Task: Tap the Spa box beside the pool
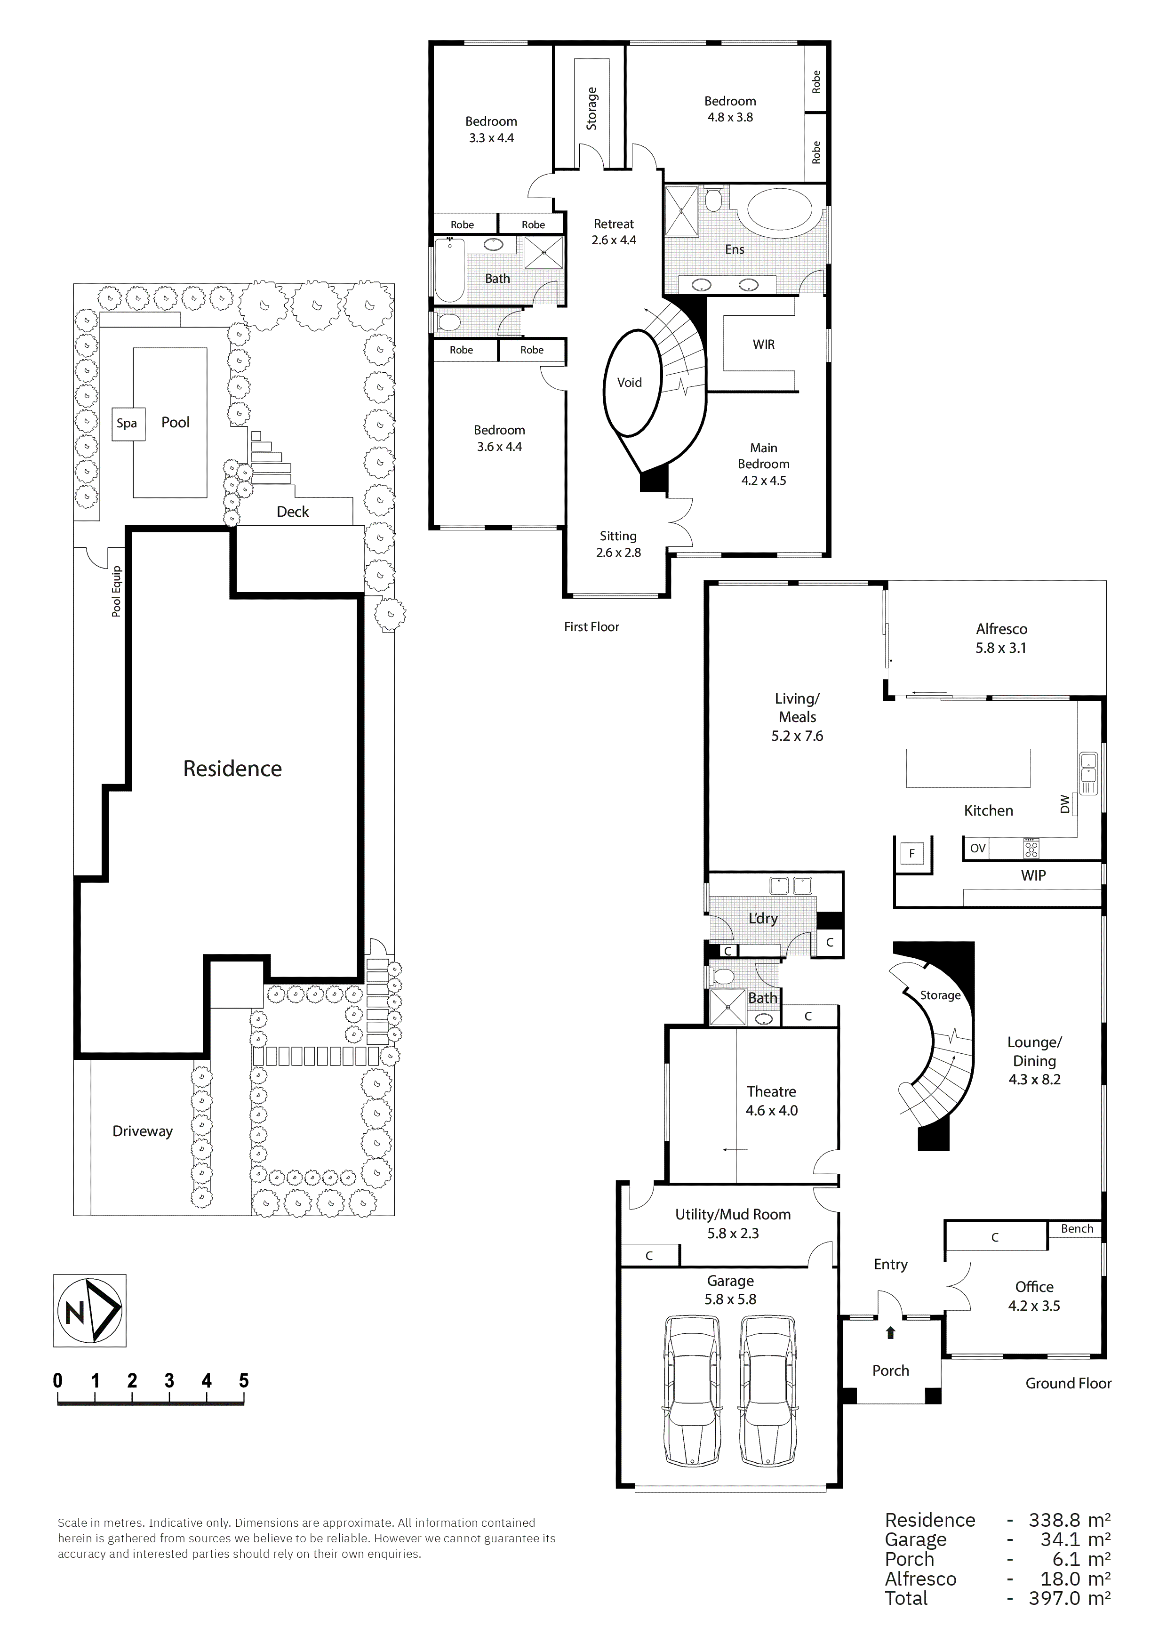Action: pos(127,423)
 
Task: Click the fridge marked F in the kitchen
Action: pos(912,854)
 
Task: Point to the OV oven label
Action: pos(977,849)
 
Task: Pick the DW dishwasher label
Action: pos(1065,803)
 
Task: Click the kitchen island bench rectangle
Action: pos(968,768)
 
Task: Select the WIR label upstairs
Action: pos(764,345)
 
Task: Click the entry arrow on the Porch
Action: pos(890,1332)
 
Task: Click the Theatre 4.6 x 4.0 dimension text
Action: pos(772,1110)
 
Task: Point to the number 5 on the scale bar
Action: pos(244,1381)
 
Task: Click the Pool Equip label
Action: pos(117,591)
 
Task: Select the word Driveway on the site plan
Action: pos(143,1131)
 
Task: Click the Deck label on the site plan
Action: pos(293,511)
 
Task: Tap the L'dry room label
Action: pos(763,918)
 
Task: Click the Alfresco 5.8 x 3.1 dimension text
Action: pos(1001,647)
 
